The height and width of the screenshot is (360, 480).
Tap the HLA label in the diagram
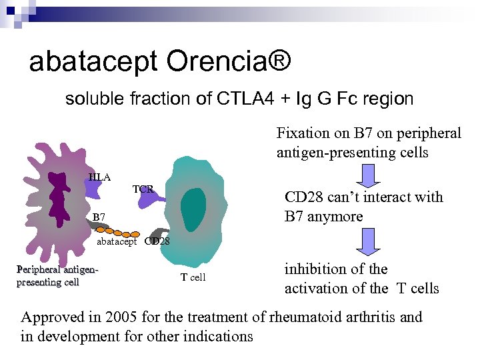tap(100, 177)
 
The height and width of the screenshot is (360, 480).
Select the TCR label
tap(143, 190)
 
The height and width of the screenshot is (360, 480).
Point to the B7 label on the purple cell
tap(99, 217)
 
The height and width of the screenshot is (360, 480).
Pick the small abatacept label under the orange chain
tap(117, 241)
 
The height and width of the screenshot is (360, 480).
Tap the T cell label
tap(193, 277)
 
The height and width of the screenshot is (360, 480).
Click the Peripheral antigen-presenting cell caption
tap(57, 276)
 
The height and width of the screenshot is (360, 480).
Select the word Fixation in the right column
tap(301, 133)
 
